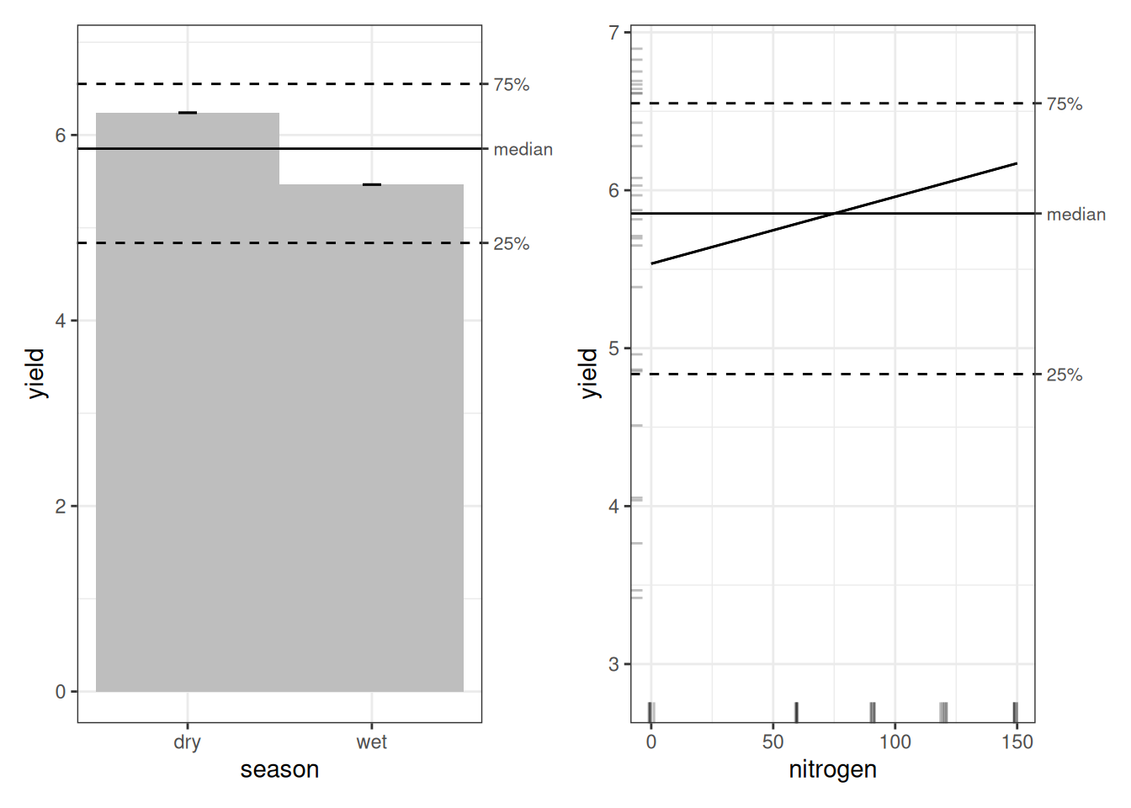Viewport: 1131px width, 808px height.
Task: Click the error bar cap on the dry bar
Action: tap(188, 113)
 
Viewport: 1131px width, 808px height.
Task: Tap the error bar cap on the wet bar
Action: tap(372, 184)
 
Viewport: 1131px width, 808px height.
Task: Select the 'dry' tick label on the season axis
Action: tap(187, 742)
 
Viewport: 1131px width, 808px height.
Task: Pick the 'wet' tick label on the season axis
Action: tap(372, 742)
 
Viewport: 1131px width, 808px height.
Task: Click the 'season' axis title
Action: tap(279, 769)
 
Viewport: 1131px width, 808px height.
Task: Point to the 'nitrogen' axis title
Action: tap(832, 769)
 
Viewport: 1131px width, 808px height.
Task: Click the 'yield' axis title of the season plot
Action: tap(35, 373)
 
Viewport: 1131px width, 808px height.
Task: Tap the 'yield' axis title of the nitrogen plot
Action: tap(588, 373)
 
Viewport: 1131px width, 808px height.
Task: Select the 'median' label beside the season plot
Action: tap(523, 149)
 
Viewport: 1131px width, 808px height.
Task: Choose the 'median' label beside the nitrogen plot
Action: tap(1075, 215)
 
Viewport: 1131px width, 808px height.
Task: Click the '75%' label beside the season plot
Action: tap(511, 84)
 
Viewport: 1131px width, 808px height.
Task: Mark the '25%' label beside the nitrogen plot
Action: tap(1064, 375)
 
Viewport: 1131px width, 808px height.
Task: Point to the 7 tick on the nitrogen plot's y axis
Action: tap(613, 33)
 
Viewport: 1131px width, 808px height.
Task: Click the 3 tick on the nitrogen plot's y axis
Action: tap(613, 664)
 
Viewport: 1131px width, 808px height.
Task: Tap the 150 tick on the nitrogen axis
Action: tap(1017, 742)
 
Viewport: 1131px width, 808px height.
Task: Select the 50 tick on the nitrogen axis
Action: tap(773, 742)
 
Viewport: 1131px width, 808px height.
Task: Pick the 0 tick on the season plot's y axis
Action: tap(61, 692)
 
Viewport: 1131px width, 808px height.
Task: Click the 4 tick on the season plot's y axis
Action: tap(61, 321)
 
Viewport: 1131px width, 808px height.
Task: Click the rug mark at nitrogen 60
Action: tap(796, 712)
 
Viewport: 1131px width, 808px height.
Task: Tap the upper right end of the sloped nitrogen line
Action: tap(1016, 163)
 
